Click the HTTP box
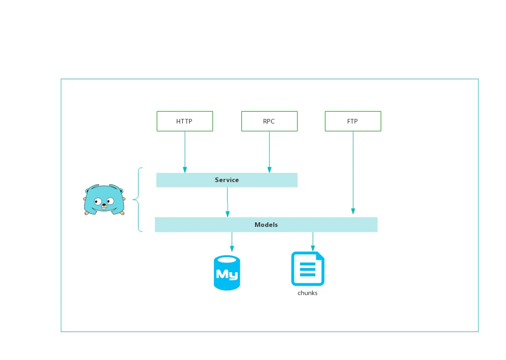[x=185, y=121]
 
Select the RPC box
[x=270, y=121]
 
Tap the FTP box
[x=353, y=121]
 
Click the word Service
[x=227, y=180]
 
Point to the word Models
[x=266, y=225]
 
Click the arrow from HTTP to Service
[x=185, y=152]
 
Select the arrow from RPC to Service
[x=270, y=152]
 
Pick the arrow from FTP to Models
[x=353, y=173]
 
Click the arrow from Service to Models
[x=228, y=202]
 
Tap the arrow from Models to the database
[x=232, y=242]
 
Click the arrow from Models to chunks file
[x=313, y=242]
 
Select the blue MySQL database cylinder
[x=227, y=273]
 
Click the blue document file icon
[x=308, y=269]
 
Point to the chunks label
[x=308, y=293]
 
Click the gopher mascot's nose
[x=104, y=205]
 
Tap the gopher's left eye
[x=98, y=202]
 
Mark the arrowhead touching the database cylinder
[x=232, y=248]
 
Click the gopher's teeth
[x=104, y=208]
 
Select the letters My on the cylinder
[x=227, y=274]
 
